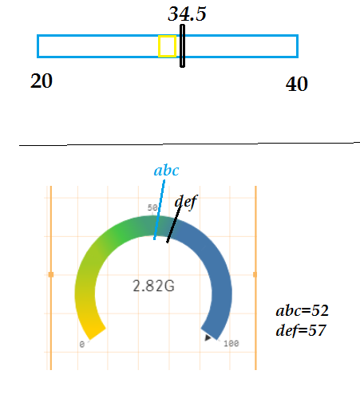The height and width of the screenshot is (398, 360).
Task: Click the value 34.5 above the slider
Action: [x=187, y=14]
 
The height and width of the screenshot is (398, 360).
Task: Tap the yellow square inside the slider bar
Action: [x=167, y=46]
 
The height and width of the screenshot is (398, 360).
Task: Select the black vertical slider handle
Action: [x=182, y=45]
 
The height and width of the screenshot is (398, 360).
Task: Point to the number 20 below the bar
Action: [x=42, y=81]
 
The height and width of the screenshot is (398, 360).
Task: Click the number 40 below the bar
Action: [x=297, y=84]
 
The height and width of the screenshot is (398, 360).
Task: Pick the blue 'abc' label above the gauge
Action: [x=167, y=171]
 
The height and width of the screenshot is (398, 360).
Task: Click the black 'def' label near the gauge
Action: [x=186, y=202]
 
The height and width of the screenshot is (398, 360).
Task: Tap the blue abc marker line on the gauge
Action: [x=160, y=210]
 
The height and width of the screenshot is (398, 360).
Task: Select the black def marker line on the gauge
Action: [x=174, y=223]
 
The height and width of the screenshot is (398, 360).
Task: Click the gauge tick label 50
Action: [x=152, y=207]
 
